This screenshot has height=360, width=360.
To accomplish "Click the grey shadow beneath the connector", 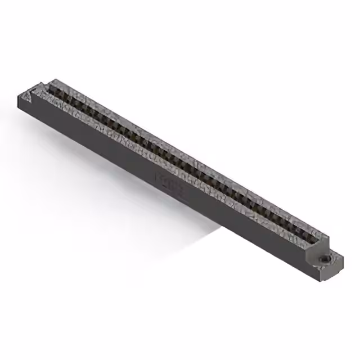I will (x=186, y=225).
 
